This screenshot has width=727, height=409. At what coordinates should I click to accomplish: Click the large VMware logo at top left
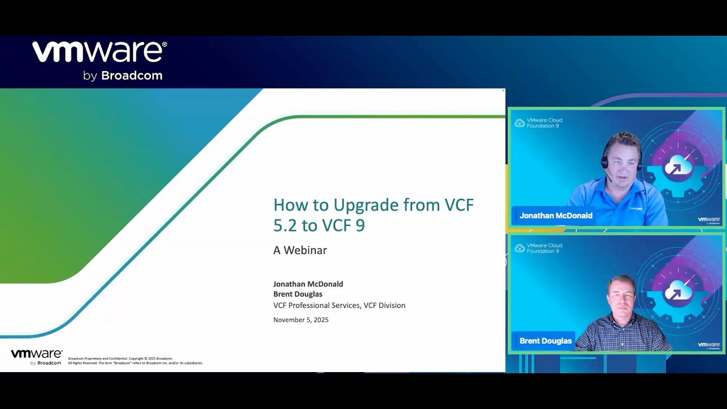(99, 52)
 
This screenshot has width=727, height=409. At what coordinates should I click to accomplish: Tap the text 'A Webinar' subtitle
(300, 250)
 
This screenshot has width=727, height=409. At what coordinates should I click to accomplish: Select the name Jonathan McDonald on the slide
(308, 284)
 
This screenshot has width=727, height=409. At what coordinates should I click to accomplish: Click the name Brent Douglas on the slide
(298, 294)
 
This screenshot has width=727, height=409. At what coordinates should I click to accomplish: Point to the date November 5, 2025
(300, 320)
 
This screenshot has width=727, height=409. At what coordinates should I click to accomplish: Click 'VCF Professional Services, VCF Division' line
(339, 306)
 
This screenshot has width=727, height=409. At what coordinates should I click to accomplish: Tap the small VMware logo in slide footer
(36, 356)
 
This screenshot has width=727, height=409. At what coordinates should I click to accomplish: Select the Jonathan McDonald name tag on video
(555, 216)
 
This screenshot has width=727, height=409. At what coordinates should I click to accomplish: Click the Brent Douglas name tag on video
(545, 341)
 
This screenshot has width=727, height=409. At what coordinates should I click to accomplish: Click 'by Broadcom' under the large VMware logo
(123, 76)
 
